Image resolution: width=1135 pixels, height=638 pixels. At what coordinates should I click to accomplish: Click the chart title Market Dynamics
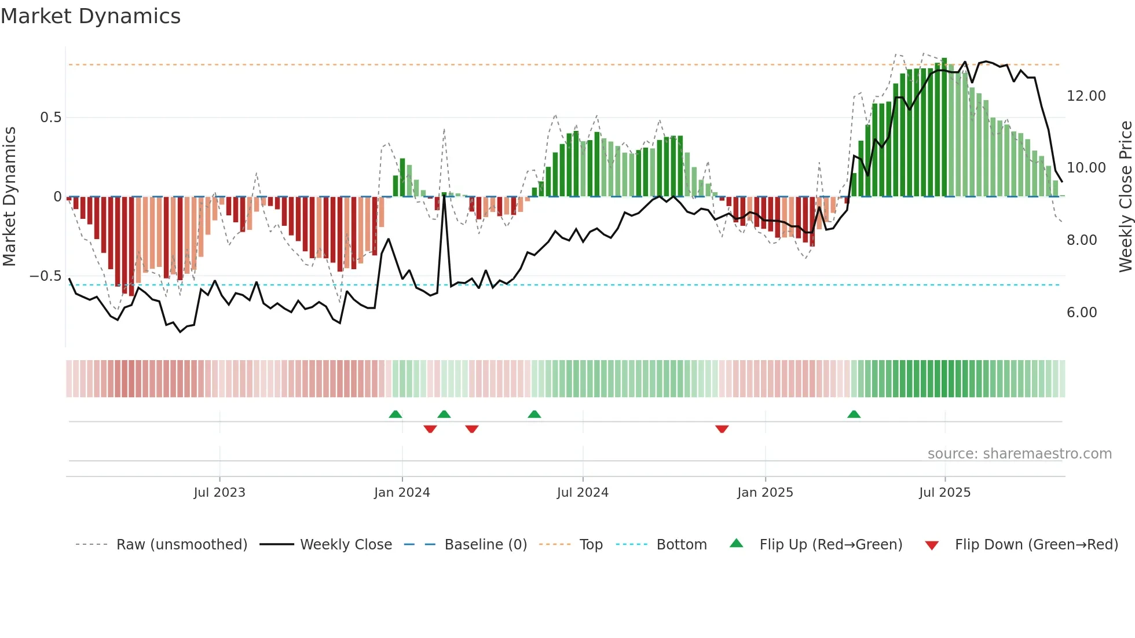90,16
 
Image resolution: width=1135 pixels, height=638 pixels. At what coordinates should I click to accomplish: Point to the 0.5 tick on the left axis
50,118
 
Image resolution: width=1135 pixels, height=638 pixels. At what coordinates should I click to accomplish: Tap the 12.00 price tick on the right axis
1086,96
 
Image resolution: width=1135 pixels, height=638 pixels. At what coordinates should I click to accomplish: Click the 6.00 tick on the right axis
1081,313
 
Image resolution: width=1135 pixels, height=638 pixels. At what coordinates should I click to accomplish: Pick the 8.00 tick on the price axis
1081,240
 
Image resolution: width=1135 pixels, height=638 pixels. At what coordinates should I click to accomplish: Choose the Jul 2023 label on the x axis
219,493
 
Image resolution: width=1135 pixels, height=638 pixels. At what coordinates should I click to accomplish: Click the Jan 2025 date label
765,493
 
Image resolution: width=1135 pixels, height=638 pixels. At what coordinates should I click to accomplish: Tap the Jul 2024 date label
583,493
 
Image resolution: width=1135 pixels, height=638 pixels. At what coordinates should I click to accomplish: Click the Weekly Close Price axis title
1125,197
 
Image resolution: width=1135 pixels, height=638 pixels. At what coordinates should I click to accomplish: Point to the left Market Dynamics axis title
9,197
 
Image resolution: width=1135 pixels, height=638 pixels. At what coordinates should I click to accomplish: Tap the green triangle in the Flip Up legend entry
736,544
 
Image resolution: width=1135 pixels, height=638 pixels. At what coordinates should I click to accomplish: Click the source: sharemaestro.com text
1019,454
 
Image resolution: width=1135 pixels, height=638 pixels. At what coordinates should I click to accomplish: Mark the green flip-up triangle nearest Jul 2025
854,415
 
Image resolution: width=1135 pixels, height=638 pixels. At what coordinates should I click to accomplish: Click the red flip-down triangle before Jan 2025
722,429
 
